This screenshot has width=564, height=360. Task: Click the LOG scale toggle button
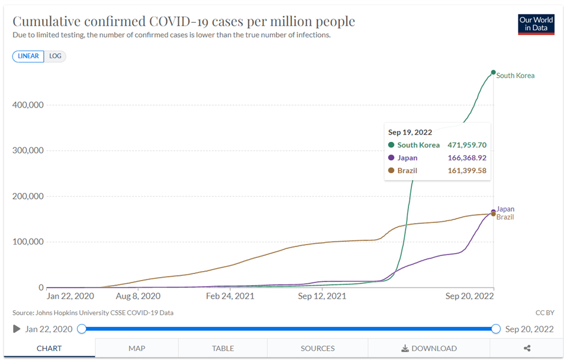point(55,56)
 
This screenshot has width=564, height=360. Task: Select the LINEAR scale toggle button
point(28,56)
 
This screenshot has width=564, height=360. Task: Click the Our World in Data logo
point(536,24)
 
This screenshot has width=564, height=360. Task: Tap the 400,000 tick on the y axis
point(28,105)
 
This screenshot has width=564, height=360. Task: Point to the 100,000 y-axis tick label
point(28,242)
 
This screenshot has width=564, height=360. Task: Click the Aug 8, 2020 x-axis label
point(138,296)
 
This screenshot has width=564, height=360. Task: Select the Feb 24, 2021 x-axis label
point(231,296)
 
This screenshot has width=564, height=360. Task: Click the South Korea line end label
point(515,76)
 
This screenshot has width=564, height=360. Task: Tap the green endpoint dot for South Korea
point(493,72)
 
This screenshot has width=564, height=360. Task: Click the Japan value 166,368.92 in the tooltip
point(467,158)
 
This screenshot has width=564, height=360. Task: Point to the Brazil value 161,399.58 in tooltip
point(467,171)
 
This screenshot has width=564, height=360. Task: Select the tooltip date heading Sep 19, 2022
point(410,132)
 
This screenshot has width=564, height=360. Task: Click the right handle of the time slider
point(496,329)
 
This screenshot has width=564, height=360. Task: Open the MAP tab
point(137,348)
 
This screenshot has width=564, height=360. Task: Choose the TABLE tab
point(223,348)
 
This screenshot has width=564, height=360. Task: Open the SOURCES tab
point(318,348)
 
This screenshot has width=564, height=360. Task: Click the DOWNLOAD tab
point(429,348)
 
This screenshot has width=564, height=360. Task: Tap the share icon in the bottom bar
point(527,348)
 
